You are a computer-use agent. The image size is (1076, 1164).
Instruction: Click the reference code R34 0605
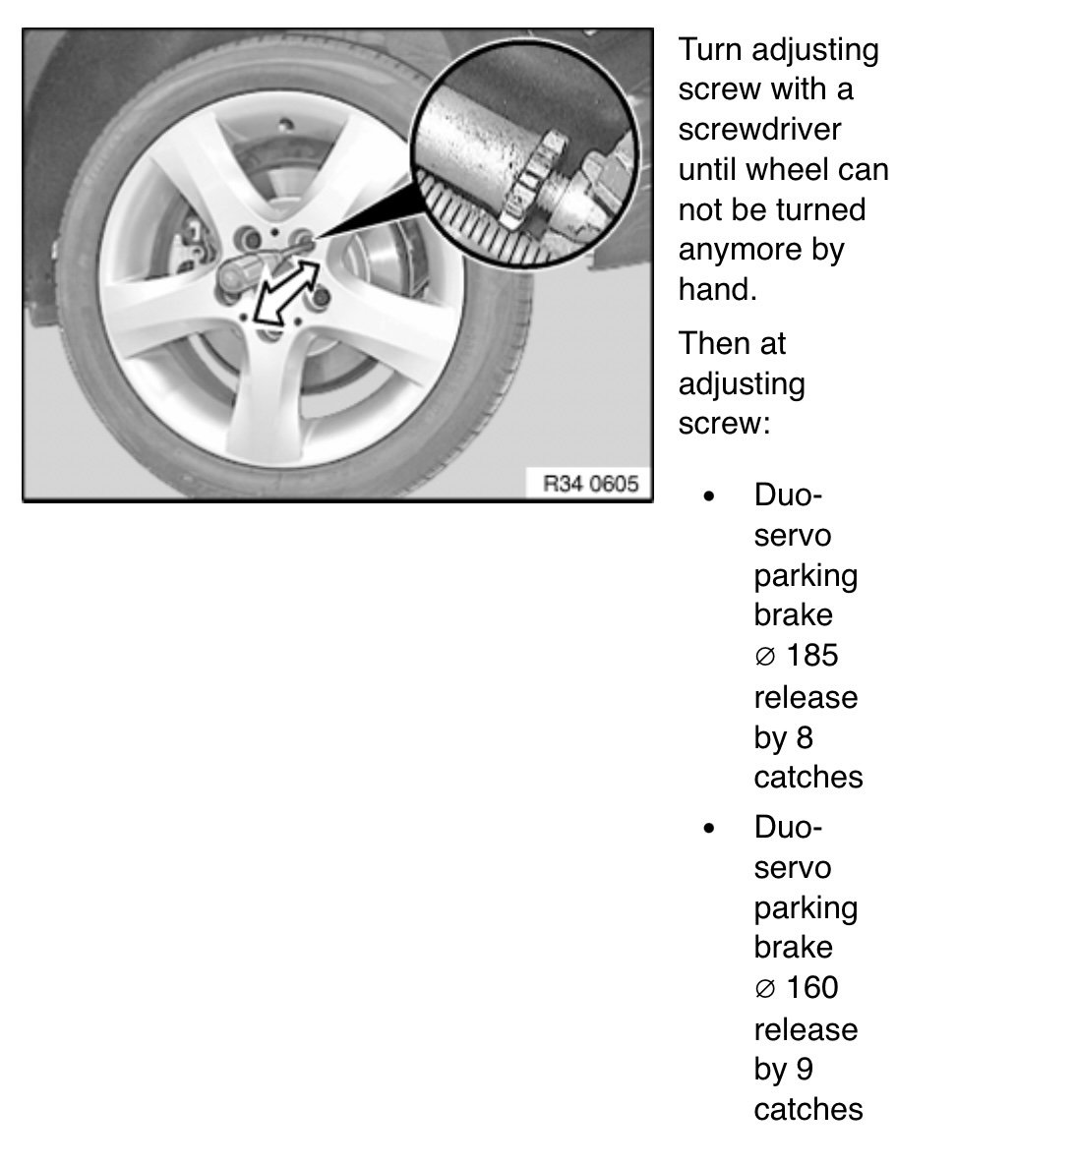590,484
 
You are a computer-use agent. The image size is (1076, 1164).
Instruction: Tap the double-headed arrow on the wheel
286,292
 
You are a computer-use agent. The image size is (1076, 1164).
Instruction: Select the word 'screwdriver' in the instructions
759,130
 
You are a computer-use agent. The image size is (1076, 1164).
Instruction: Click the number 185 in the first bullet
812,656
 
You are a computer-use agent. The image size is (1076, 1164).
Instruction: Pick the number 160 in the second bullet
812,988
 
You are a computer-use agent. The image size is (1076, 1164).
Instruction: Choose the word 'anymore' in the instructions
740,251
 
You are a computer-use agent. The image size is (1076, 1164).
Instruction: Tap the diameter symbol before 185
766,657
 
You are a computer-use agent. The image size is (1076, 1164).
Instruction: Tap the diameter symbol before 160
766,989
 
